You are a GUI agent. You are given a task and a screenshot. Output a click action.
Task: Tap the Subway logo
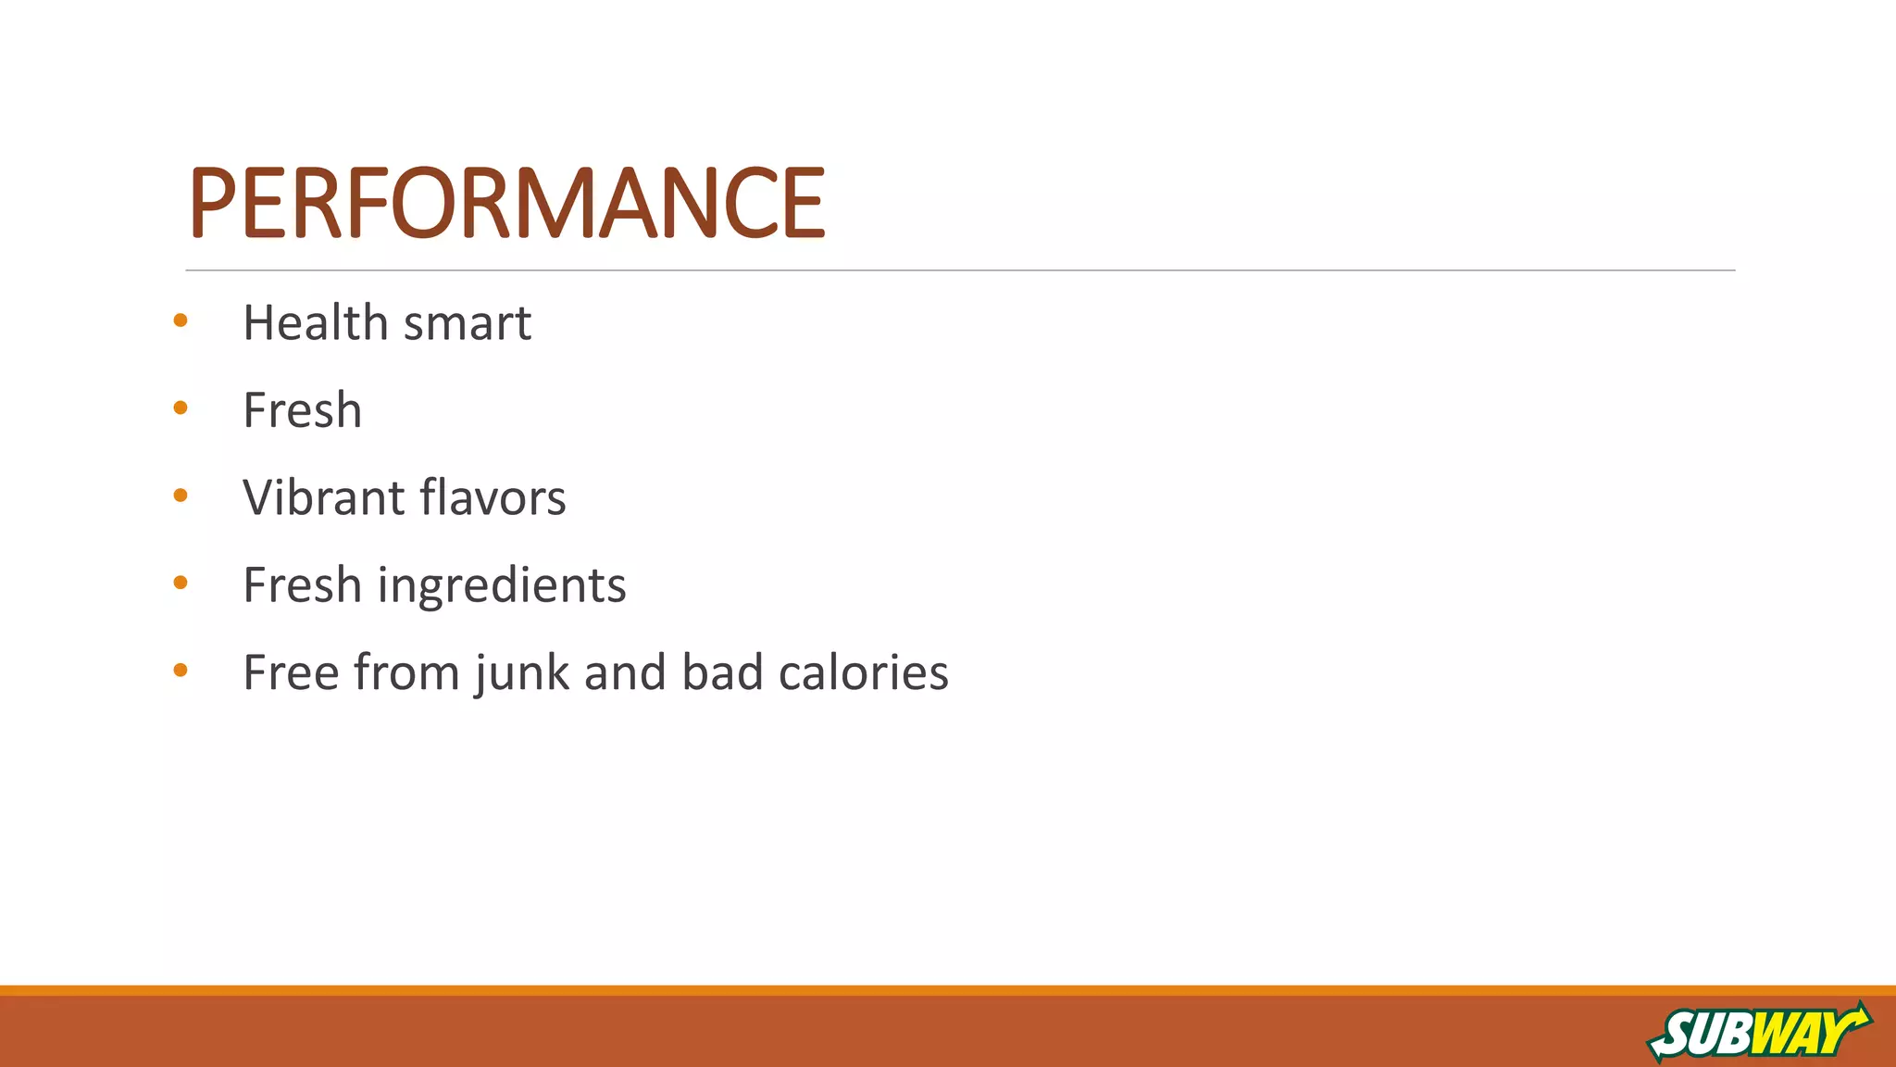(1759, 1031)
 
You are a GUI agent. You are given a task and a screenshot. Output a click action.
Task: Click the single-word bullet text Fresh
(302, 410)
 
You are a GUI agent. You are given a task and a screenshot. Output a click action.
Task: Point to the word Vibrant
(323, 497)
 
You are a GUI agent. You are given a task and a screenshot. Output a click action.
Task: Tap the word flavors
(493, 497)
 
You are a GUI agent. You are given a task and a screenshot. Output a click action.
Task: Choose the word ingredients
(502, 586)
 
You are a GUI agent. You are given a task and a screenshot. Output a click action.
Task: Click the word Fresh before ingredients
(302, 585)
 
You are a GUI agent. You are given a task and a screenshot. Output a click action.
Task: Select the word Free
(290, 672)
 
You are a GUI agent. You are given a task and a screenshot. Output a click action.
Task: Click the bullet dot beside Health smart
(181, 320)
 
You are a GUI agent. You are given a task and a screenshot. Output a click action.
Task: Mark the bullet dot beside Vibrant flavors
(181, 496)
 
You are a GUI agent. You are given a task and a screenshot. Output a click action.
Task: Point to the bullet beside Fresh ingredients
(181, 583)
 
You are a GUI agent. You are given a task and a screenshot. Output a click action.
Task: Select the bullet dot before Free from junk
(181, 670)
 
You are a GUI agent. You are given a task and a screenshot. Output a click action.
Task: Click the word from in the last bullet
(406, 672)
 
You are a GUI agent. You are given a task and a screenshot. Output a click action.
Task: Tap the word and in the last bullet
(625, 672)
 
